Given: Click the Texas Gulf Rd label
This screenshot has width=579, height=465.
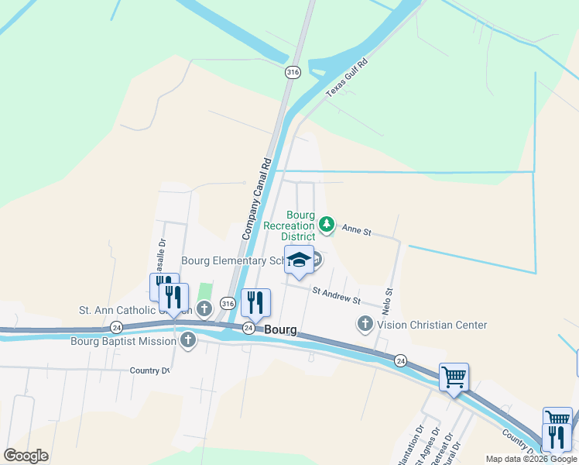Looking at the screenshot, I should [346, 77].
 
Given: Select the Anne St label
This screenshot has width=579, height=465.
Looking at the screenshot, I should [357, 230].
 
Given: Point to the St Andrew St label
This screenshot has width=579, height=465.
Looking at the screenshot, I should [336, 294].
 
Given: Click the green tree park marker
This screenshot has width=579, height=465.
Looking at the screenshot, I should [327, 225].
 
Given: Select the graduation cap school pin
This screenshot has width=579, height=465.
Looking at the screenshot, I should [299, 261].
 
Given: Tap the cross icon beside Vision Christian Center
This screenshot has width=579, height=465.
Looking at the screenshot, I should [365, 325].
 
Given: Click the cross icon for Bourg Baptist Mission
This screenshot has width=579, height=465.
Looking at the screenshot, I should [188, 340].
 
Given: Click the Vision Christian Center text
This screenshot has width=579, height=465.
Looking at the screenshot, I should [432, 325].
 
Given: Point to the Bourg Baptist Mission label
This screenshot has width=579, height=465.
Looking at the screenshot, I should [124, 340].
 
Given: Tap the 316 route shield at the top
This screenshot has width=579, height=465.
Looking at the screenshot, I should [292, 72].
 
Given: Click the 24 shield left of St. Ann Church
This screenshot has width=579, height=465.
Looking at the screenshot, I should [117, 327].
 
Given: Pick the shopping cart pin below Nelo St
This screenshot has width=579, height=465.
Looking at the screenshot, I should [454, 377].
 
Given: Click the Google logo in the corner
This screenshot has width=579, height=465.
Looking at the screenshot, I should [26, 456].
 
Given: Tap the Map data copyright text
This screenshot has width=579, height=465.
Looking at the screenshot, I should [530, 459].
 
